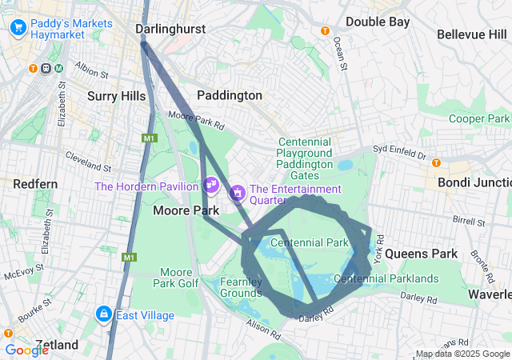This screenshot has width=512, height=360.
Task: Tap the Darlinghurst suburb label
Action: [170, 29]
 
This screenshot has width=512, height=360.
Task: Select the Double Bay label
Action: [378, 22]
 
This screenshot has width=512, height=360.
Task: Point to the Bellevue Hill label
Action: [472, 34]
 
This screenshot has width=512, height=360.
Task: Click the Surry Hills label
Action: [117, 96]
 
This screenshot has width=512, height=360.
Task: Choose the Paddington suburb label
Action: [230, 95]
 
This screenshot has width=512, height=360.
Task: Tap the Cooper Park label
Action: [478, 118]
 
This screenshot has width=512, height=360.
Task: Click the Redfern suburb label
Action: [35, 184]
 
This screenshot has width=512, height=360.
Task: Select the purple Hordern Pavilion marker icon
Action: [211, 185]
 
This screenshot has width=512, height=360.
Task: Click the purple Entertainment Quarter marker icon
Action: [238, 193]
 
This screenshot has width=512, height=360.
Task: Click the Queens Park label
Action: [422, 254]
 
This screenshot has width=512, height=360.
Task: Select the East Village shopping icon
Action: [103, 314]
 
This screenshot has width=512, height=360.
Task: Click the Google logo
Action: [26, 350]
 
